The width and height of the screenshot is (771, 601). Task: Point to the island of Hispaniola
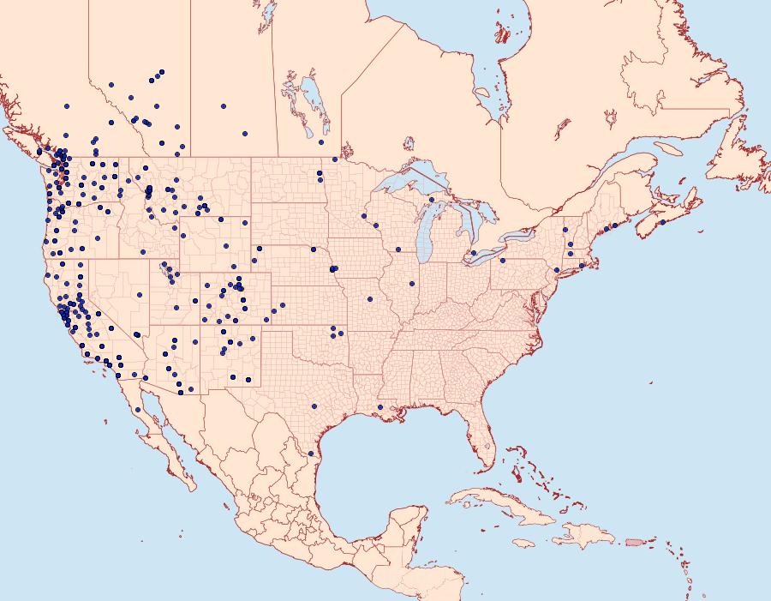583,538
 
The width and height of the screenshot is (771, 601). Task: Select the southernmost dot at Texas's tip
311,453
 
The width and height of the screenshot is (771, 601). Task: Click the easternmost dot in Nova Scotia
662,222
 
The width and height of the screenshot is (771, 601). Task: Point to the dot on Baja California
138,409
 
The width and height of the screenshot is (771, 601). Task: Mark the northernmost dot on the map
161,72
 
